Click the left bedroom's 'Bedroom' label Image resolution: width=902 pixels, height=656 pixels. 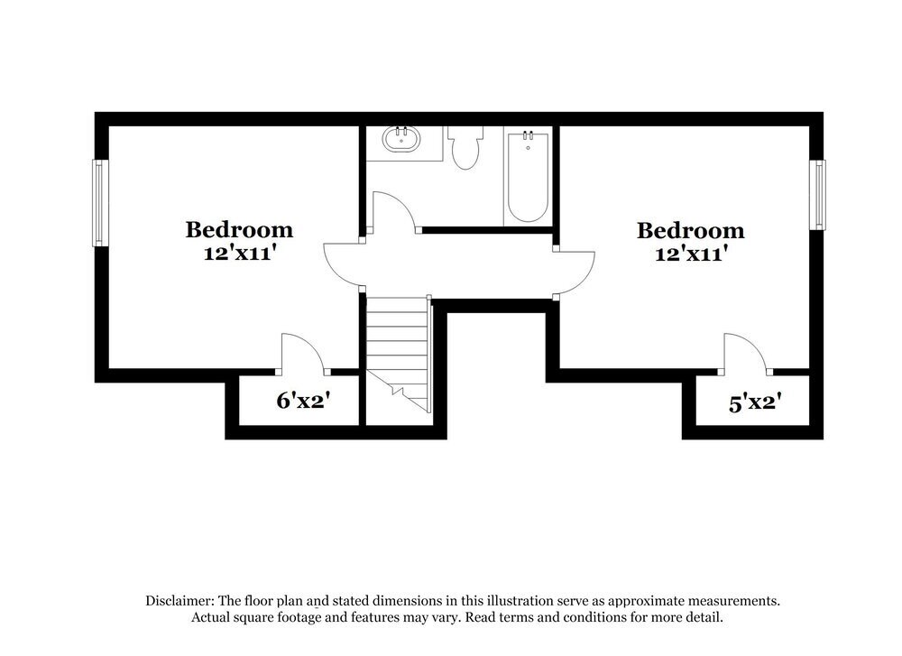(239, 229)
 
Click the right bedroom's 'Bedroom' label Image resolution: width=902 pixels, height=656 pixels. (690, 230)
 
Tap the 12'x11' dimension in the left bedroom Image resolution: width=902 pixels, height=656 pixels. (239, 254)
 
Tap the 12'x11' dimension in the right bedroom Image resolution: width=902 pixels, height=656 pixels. (690, 254)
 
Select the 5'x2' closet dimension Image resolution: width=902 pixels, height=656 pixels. (753, 403)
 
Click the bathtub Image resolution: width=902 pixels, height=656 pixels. (527, 177)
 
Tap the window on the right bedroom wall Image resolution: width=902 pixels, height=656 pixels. (817, 194)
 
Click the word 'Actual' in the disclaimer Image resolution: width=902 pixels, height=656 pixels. (211, 618)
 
